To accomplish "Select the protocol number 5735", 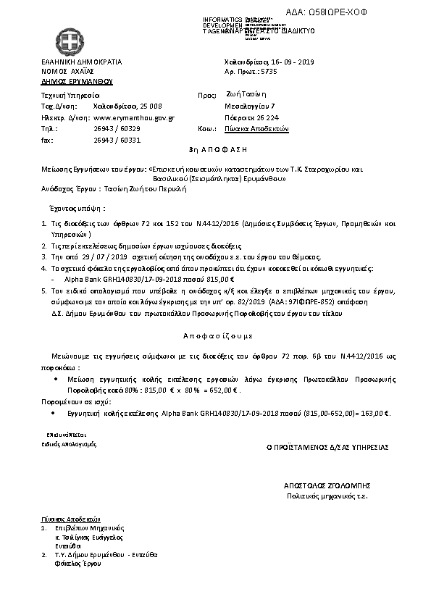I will (x=269, y=73).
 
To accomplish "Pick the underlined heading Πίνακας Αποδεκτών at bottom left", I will (x=70, y=519).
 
